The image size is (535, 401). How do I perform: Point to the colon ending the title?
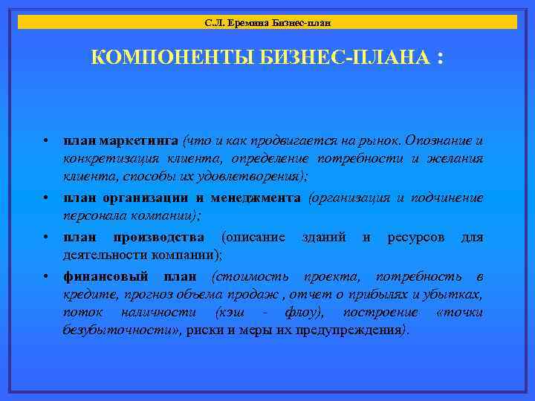pos(443,58)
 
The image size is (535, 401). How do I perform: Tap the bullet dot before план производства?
pos(46,238)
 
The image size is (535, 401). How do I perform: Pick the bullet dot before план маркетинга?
pos(46,141)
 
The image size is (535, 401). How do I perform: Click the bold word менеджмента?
pos(256,198)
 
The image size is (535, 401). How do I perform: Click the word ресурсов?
pos(416,237)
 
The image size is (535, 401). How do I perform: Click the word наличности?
pos(159,312)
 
